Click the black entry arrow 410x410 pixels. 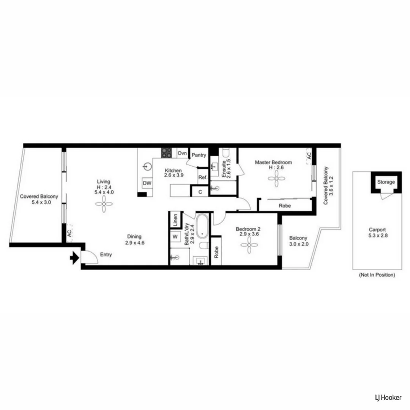[x=74, y=259]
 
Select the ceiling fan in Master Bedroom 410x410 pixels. [x=276, y=178]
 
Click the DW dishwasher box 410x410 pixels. [x=147, y=183]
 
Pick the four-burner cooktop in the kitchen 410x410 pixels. [x=166, y=153]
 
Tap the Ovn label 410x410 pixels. [x=182, y=153]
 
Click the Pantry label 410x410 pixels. [x=199, y=155]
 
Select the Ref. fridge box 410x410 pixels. [x=202, y=177]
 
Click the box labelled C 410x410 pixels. [x=200, y=192]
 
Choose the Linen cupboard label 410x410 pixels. [x=175, y=220]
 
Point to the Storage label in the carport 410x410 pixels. [x=386, y=182]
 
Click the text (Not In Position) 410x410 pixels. [x=377, y=275]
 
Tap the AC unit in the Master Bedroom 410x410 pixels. [x=309, y=156]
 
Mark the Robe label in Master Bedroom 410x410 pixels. [x=285, y=206]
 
